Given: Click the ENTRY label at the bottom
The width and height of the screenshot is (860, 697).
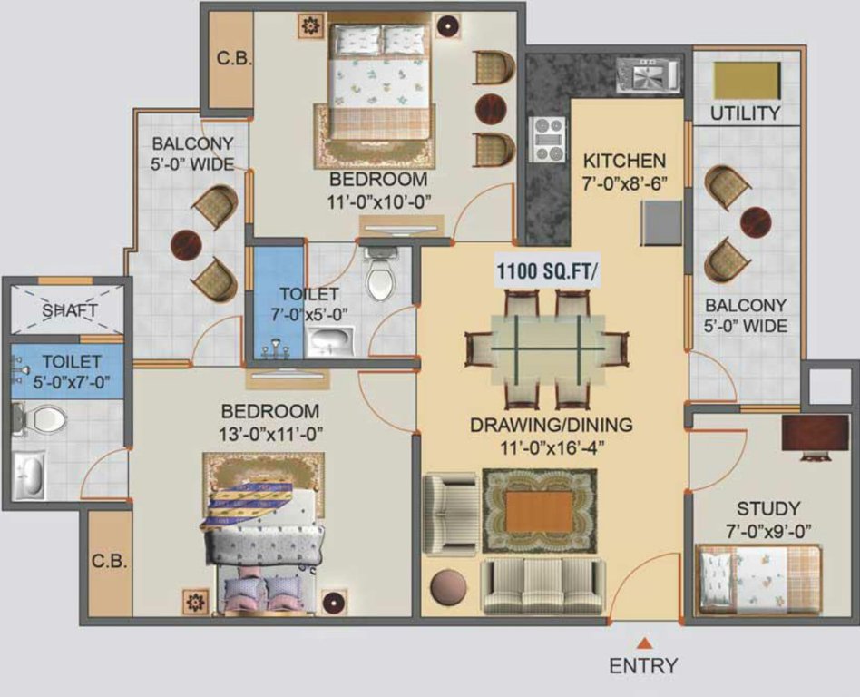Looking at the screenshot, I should tap(642, 665).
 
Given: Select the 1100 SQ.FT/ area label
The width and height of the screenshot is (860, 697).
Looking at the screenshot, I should tap(547, 271).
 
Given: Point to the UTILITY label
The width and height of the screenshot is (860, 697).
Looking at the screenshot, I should tap(745, 113).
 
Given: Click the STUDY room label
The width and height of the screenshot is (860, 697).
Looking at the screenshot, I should tap(767, 508).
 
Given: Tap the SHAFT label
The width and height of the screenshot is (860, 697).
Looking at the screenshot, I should tap(70, 310).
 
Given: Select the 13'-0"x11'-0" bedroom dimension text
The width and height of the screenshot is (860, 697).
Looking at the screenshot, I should tap(272, 432).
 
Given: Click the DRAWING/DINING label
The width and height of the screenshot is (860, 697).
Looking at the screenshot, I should tap(551, 424).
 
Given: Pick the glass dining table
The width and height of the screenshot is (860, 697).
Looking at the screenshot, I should tap(547, 348).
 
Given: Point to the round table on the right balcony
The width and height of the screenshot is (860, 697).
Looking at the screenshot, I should tap(755, 220).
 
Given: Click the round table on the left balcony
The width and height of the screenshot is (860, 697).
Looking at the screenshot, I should tap(186, 243).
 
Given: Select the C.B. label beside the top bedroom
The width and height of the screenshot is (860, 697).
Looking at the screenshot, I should tap(227, 60).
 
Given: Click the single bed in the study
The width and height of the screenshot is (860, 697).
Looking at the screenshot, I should tap(758, 578).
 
